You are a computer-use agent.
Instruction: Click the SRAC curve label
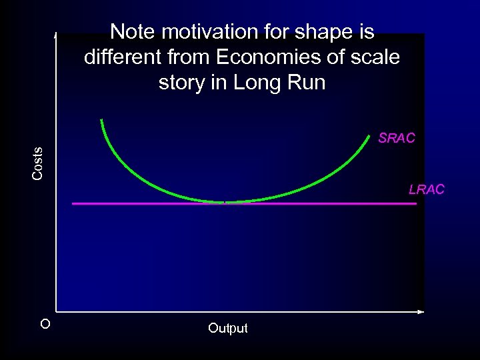[396, 139]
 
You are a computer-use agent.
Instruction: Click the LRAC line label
[426, 190]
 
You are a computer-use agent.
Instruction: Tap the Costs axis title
[38, 163]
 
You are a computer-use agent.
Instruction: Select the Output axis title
[227, 328]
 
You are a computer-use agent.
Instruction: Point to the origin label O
[45, 325]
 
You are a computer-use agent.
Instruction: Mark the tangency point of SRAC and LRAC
[225, 202]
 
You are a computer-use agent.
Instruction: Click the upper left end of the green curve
[101, 120]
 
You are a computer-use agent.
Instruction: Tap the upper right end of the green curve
[370, 135]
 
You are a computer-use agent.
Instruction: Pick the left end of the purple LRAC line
[73, 203]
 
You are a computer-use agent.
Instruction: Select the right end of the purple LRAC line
[415, 203]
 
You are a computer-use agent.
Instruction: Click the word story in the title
[179, 83]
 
